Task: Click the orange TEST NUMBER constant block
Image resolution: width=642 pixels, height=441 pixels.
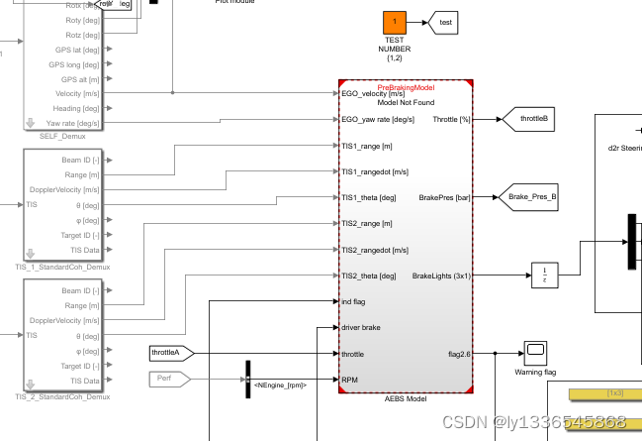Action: click(x=394, y=21)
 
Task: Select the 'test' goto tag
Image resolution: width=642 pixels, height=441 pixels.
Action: click(x=445, y=21)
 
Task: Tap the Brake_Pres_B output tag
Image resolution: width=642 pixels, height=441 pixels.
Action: click(x=530, y=197)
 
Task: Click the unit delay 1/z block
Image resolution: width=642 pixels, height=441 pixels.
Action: click(x=545, y=274)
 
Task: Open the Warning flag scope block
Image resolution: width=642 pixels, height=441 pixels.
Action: click(x=535, y=351)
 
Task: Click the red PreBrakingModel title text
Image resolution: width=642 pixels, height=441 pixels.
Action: click(x=407, y=88)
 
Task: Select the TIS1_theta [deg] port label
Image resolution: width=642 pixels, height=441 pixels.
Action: click(x=368, y=197)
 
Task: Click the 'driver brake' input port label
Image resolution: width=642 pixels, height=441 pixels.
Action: click(x=360, y=327)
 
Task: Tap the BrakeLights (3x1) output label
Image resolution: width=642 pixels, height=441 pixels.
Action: click(x=441, y=276)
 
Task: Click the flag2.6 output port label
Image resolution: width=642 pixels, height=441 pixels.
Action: click(x=454, y=353)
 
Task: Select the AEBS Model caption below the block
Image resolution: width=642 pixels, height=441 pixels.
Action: click(x=406, y=397)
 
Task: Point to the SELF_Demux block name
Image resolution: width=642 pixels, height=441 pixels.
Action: click(x=60, y=136)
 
